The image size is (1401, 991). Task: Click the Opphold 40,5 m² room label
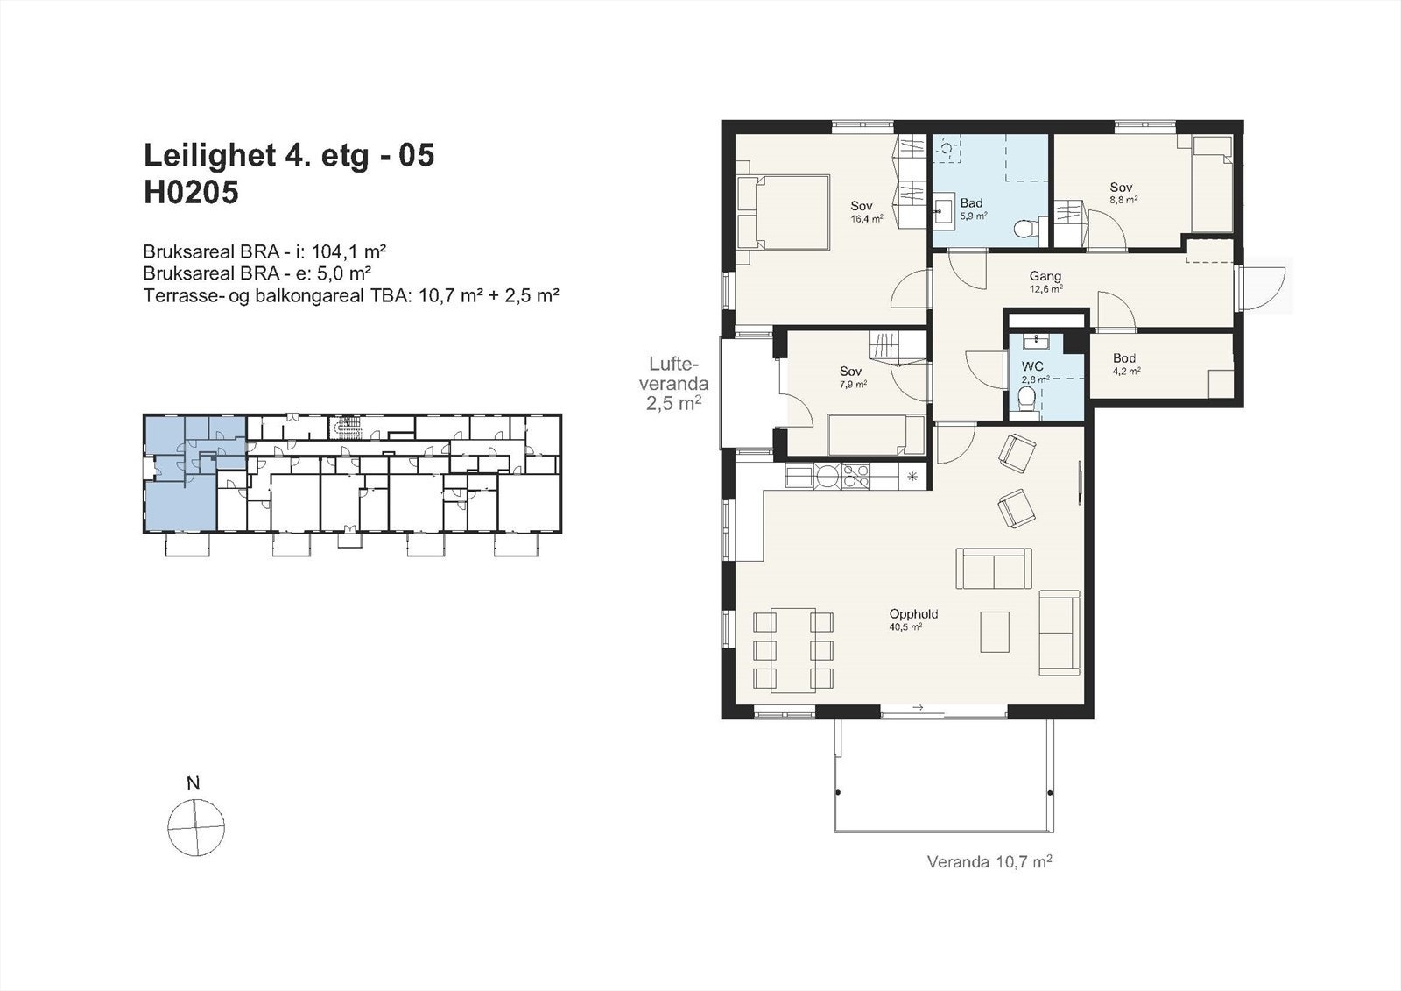(x=913, y=619)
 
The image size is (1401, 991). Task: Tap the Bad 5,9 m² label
(x=972, y=209)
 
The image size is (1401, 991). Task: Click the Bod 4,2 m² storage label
(x=1125, y=364)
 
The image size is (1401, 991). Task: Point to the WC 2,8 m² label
(x=1033, y=372)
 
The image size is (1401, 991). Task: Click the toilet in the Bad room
(x=1024, y=230)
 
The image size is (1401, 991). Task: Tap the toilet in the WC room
(x=1027, y=400)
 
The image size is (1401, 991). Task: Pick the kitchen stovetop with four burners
(x=855, y=476)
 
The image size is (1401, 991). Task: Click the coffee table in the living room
(x=995, y=631)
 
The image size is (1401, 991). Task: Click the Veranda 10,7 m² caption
(x=989, y=861)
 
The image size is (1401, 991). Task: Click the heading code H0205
(x=191, y=192)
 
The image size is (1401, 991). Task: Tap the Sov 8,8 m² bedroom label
(x=1123, y=193)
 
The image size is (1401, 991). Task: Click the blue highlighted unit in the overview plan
(x=179, y=504)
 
